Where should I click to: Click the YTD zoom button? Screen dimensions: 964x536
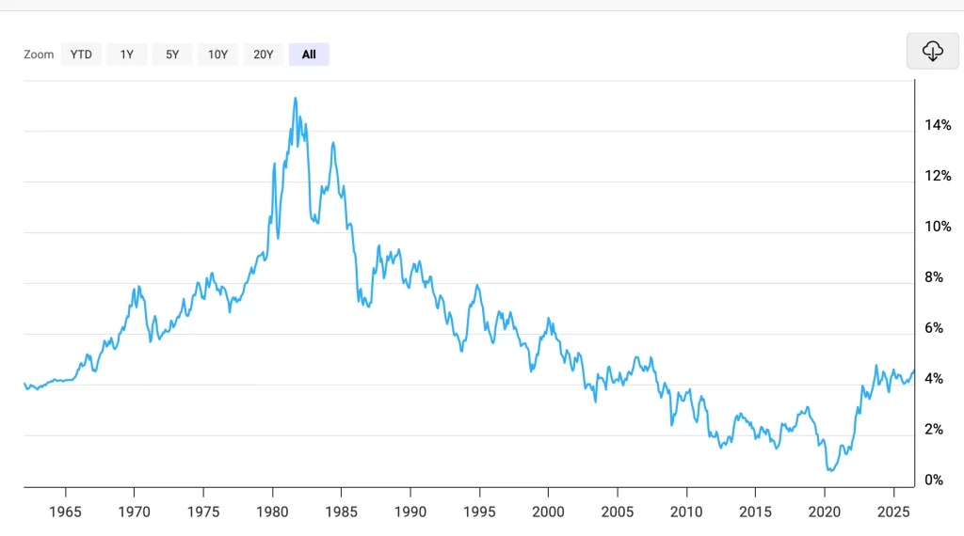point(81,55)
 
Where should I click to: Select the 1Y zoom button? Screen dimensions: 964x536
point(127,55)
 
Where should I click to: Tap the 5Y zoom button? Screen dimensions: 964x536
point(172,55)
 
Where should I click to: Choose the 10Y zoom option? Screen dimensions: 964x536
point(217,55)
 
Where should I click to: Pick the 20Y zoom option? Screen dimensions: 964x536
point(264,55)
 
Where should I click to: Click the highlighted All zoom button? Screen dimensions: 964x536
point(309,55)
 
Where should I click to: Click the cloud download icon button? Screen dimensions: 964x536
point(933,51)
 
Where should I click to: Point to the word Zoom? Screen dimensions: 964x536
point(39,55)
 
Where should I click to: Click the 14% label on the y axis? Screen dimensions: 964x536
point(938,125)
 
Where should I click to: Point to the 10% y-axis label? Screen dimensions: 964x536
point(938,227)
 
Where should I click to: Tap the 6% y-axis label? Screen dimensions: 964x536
point(934,328)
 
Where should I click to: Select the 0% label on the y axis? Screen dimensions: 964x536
point(934,481)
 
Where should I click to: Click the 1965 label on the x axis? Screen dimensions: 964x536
point(65,512)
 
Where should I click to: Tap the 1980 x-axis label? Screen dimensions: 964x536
point(272,512)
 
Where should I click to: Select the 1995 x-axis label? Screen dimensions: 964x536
point(479,512)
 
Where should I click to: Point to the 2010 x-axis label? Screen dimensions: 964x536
point(686,512)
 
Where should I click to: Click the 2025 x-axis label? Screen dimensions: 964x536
point(893,512)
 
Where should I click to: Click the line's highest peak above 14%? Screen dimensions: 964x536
point(296,98)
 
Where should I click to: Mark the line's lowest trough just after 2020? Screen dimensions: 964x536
point(830,470)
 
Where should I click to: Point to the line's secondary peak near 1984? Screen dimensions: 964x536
point(333,143)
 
